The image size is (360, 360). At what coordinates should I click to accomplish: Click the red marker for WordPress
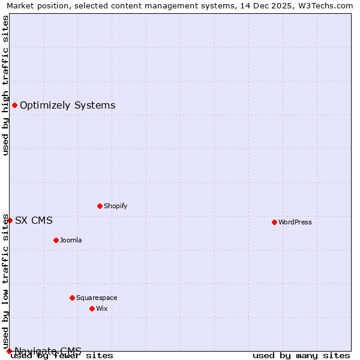(274, 222)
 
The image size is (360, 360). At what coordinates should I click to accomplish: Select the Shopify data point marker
(100, 206)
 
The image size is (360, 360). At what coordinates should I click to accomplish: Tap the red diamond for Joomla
(56, 240)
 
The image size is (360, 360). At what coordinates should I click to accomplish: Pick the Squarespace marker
(72, 298)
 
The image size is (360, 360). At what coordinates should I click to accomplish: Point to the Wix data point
(92, 308)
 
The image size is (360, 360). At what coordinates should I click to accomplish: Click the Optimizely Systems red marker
(14, 106)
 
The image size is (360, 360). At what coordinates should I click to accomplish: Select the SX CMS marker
(10, 220)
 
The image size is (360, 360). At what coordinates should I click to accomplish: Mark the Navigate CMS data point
(9, 351)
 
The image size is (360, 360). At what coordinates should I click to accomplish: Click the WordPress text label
(295, 222)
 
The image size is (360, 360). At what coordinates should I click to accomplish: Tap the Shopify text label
(115, 206)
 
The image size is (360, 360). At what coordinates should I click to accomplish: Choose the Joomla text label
(71, 240)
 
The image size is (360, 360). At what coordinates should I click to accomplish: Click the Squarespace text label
(97, 298)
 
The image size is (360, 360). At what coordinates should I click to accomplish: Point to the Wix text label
(101, 308)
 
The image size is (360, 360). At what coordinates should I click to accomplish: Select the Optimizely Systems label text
(67, 106)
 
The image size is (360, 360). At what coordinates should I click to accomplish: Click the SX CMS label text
(34, 220)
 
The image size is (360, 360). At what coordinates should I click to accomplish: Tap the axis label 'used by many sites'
(301, 356)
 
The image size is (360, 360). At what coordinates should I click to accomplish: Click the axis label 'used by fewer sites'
(62, 356)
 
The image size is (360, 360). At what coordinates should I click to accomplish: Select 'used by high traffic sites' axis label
(5, 85)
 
